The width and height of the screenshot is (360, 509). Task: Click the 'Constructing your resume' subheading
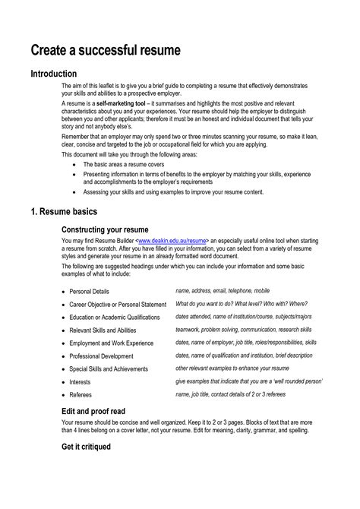(x=105, y=229)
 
